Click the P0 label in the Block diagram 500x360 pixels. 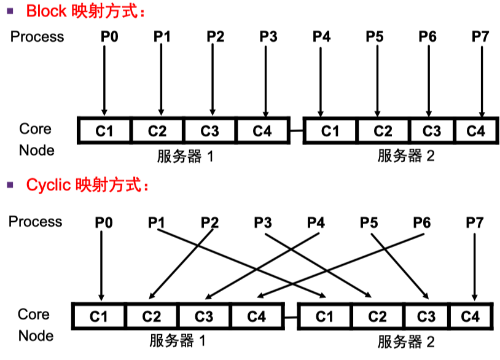[109, 36]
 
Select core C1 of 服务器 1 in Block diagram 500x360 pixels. [105, 131]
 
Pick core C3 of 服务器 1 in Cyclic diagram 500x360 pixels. [204, 316]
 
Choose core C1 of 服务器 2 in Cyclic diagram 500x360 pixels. [324, 316]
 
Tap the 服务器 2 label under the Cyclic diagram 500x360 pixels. [406, 342]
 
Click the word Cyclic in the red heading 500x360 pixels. [49, 184]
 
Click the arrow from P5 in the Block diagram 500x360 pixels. [375, 80]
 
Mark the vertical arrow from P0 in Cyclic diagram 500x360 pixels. [101, 264]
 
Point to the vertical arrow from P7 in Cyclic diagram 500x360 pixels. [474, 264]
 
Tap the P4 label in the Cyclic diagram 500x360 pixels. [316, 222]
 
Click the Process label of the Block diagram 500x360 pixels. [37, 36]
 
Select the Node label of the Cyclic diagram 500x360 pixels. [36, 335]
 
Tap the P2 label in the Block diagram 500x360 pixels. [215, 36]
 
